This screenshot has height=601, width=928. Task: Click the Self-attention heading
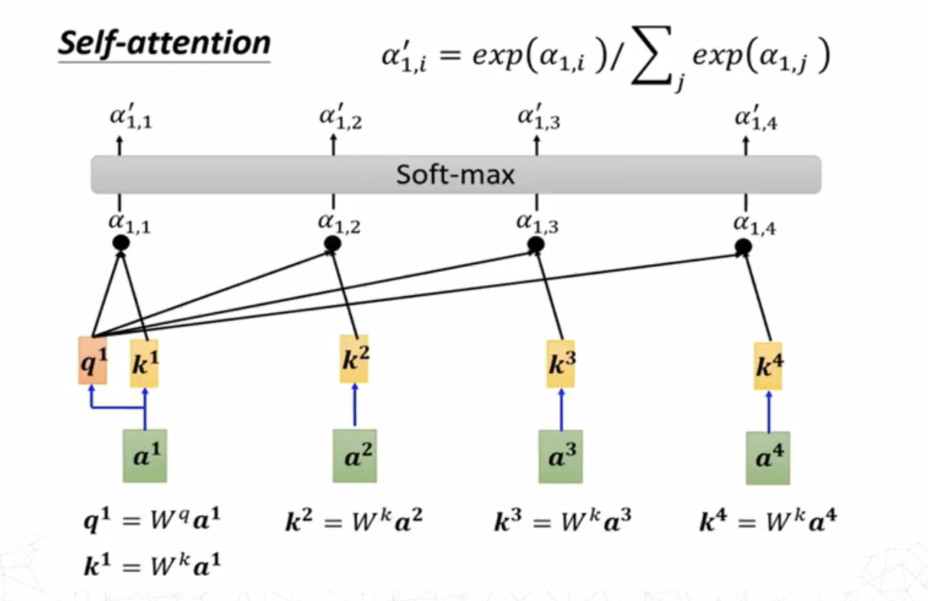tap(164, 43)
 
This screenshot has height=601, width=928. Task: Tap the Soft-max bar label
tap(455, 175)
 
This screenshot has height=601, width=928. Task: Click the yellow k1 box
tap(145, 364)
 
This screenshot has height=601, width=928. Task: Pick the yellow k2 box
tap(354, 359)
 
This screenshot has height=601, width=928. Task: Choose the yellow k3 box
tap(561, 364)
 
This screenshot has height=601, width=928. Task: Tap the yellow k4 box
tap(768, 366)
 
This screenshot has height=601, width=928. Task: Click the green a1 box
tap(145, 456)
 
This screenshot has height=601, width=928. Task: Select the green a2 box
tap(354, 456)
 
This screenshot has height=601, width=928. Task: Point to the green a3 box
tap(561, 457)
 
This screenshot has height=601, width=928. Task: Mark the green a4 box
tap(768, 458)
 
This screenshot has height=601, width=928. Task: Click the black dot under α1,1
tap(121, 243)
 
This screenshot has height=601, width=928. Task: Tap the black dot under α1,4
tap(743, 247)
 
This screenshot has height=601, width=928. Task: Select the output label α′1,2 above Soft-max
tap(340, 119)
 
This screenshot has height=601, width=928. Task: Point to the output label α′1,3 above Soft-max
tap(538, 119)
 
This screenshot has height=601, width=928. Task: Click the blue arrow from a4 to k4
tap(768, 411)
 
